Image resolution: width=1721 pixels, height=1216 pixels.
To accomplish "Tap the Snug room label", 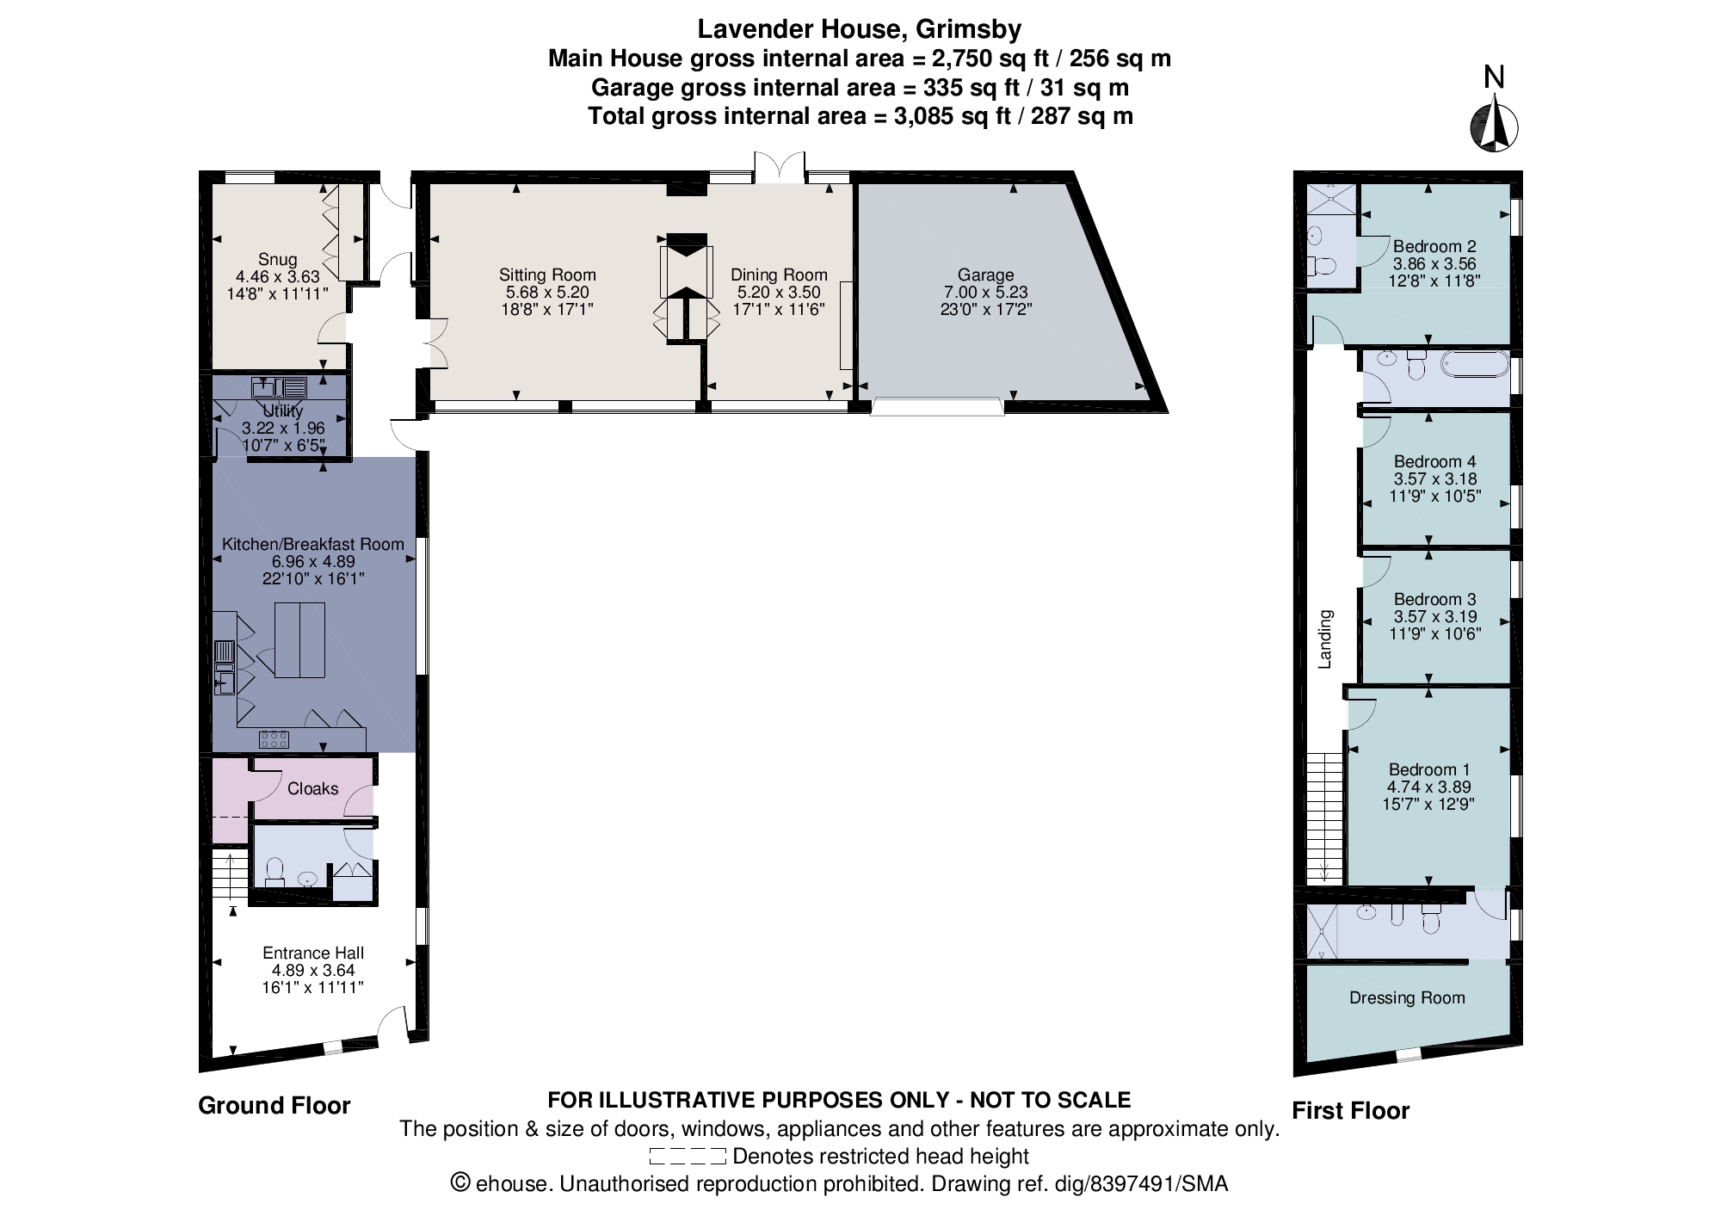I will coord(277,259).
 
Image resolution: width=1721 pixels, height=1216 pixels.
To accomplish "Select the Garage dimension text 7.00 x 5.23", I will coord(985,292).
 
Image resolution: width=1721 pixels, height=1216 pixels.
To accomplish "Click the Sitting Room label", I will coord(547,275).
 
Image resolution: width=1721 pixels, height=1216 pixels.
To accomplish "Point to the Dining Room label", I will coord(779,275).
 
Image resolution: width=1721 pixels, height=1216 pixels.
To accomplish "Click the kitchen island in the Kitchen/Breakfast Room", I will coord(299,639).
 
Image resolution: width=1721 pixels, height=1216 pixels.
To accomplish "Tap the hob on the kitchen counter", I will coord(274,738).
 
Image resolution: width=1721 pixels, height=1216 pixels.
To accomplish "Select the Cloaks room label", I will coord(312,788).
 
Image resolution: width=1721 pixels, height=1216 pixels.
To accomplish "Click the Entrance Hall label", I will coord(313,953).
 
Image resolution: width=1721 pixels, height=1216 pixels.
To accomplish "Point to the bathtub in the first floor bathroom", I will coord(1475,365).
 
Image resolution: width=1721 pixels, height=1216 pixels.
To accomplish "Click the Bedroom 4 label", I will coord(1434,461).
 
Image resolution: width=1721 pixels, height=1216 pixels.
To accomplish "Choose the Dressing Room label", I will coord(1407,997).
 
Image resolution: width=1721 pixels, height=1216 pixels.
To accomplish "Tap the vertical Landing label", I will coord(1325,639).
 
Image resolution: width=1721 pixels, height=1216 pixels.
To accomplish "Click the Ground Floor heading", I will coord(274,1106).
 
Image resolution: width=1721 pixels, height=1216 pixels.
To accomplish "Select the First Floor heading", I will coord(1350,1111).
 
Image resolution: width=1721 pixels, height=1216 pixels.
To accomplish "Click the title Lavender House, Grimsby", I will coord(859,28).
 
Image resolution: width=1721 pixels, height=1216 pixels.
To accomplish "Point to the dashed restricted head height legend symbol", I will coord(688,1156).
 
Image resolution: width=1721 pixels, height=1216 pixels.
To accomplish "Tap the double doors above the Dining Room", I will coord(780,166).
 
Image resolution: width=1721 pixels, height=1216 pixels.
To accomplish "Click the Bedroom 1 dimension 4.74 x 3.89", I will coord(1428,787).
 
